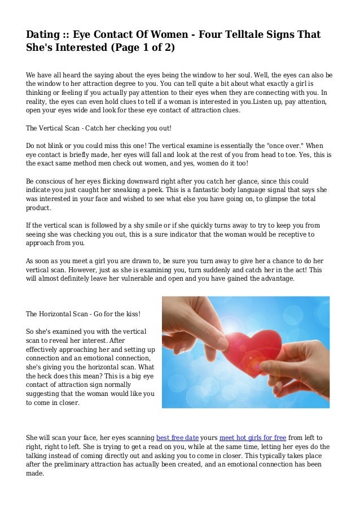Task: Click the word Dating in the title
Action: tap(43, 34)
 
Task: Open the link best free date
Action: tap(177, 437)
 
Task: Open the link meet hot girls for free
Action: tap(253, 437)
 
